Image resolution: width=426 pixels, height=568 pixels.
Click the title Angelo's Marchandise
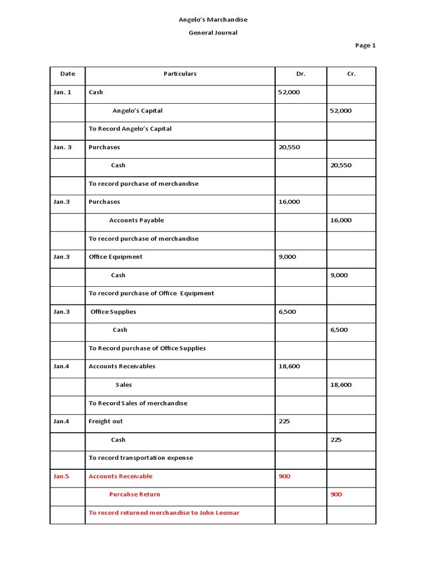[x=213, y=19]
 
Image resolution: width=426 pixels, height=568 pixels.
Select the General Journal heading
[x=213, y=33]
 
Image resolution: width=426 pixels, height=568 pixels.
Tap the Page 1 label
[x=366, y=45]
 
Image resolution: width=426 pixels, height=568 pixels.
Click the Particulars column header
[x=180, y=74]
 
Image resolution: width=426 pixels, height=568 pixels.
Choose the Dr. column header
[x=301, y=74]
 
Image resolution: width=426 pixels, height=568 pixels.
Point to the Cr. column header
[x=351, y=74]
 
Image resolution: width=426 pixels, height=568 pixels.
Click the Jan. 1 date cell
[x=62, y=92]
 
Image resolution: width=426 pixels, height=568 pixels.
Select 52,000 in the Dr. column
[x=288, y=92]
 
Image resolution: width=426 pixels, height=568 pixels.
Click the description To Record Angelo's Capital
[x=130, y=129]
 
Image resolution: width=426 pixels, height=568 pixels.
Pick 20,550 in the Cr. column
[x=341, y=165]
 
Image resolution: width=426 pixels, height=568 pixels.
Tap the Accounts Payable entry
[x=136, y=220]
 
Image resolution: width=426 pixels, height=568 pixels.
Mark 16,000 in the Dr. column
[x=288, y=202]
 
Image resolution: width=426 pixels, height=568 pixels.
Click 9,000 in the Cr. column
[x=339, y=275]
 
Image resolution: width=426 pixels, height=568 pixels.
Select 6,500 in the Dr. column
[x=287, y=312]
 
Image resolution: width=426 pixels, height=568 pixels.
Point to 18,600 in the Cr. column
[x=341, y=385]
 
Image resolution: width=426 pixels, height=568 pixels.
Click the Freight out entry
[x=105, y=422]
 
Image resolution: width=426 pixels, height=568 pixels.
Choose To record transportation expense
[x=141, y=458]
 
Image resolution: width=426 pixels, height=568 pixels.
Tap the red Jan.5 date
[x=61, y=476]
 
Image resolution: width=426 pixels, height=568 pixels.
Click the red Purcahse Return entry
[x=135, y=495]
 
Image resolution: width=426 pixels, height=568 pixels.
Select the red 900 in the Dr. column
[x=284, y=476]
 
